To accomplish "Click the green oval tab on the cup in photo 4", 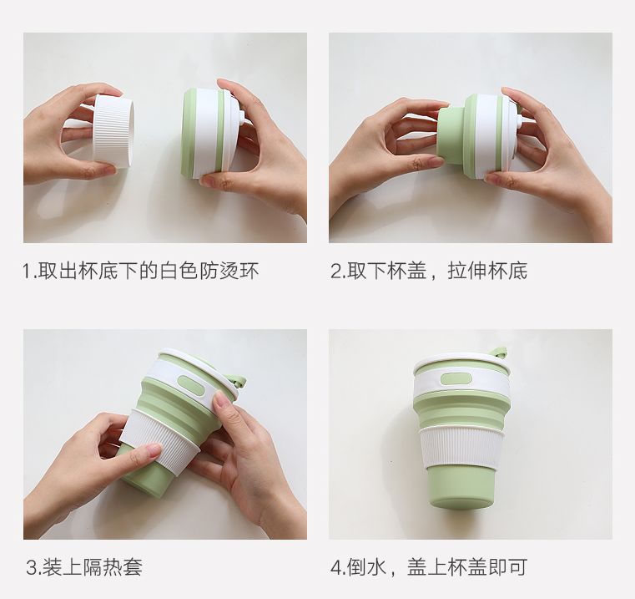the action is click(x=456, y=379).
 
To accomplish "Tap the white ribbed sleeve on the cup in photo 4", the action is click(x=461, y=448).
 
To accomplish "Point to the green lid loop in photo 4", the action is click(x=499, y=352).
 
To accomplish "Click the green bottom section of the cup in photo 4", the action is click(x=461, y=487).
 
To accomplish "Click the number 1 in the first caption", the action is click(x=27, y=271).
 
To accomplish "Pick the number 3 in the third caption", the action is click(x=32, y=567).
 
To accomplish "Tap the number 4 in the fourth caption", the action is click(x=336, y=567).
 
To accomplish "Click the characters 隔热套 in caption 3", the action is click(x=113, y=567).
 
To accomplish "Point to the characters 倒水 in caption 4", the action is click(x=366, y=567).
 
